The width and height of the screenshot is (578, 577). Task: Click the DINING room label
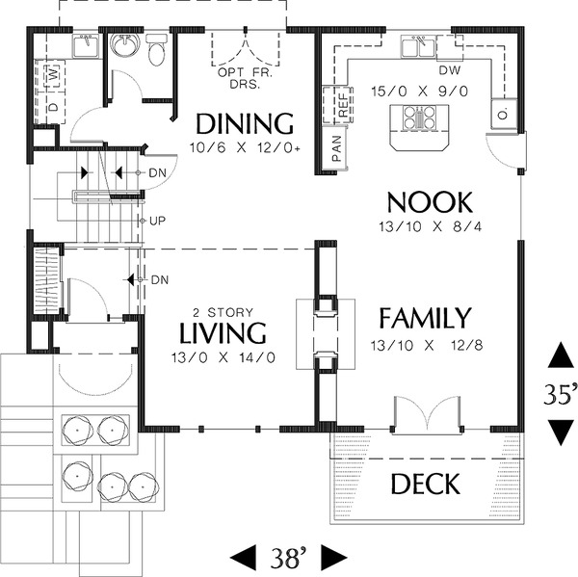tap(245, 123)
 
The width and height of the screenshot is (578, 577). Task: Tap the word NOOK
tap(430, 202)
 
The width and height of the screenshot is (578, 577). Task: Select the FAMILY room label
tap(426, 318)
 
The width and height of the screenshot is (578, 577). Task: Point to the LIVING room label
tap(223, 333)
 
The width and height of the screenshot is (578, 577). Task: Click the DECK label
tap(426, 484)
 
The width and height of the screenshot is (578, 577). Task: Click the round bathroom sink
tap(125, 45)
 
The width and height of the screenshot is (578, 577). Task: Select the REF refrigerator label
tap(343, 105)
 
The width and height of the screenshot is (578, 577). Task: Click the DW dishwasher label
tap(450, 70)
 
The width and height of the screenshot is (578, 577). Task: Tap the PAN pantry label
tap(336, 148)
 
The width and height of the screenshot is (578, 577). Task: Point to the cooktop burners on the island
tap(420, 118)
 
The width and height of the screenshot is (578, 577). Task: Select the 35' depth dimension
tap(561, 394)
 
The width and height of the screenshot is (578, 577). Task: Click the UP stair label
tap(157, 222)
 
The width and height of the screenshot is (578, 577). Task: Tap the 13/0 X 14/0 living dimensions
tap(223, 357)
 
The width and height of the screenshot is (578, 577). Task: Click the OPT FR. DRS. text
tap(245, 78)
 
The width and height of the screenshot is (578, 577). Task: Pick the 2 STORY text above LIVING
tap(223, 313)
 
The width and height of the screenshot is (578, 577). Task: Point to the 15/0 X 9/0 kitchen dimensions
tap(419, 92)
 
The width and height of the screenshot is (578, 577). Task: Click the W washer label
tap(54, 73)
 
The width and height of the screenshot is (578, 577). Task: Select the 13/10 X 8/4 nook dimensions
tap(431, 226)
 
